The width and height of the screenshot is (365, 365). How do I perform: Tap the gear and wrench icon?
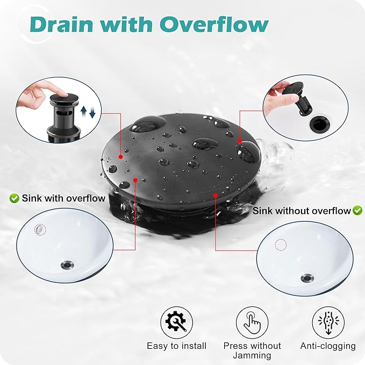coord(176,323)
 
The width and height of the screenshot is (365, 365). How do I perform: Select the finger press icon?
coord(252,323)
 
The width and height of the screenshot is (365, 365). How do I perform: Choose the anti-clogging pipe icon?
coord(328,323)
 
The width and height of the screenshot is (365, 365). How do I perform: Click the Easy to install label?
coord(176,346)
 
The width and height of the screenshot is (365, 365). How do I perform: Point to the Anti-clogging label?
coord(328,346)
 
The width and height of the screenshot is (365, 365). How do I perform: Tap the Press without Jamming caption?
coord(252,350)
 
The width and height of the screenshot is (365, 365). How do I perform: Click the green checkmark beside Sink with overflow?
coord(15,198)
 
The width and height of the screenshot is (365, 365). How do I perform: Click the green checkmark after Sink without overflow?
coord(357,211)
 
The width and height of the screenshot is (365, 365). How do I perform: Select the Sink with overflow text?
coord(63,198)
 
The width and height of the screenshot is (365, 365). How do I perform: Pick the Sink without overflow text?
coord(302,211)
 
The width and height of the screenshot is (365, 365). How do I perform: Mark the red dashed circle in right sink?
coord(281,245)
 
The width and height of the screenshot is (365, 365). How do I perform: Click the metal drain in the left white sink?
coord(68,264)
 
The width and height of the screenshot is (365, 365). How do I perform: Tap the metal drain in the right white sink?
coord(307,278)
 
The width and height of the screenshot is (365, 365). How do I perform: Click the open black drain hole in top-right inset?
coord(317,124)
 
